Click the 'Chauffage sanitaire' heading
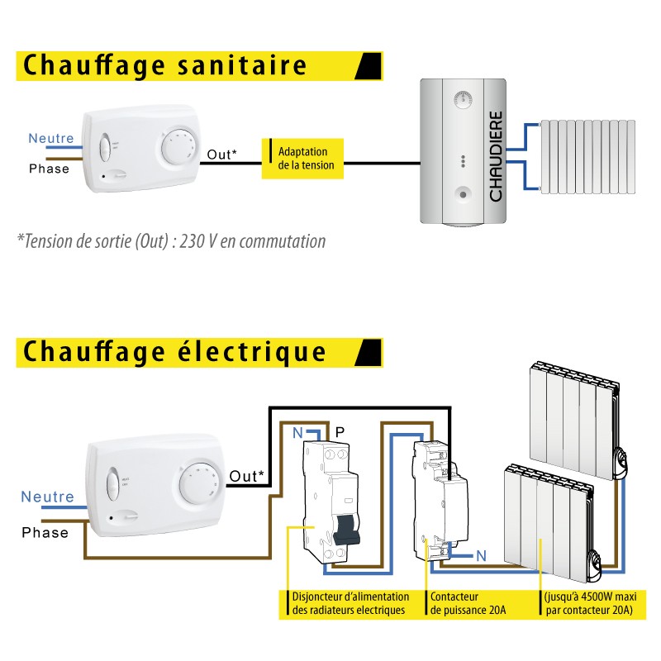[164, 65]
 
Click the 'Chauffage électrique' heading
[174, 353]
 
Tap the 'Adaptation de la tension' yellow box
[302, 159]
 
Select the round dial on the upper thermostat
[178, 148]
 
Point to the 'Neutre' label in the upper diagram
[51, 138]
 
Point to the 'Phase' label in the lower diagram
[45, 532]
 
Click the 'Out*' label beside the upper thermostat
[221, 155]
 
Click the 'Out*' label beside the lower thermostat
[246, 476]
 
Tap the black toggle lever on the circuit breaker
[346, 530]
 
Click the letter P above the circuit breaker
[340, 432]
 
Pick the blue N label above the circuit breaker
[297, 432]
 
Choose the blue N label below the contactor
[482, 556]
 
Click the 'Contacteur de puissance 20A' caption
[468, 603]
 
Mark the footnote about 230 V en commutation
[171, 241]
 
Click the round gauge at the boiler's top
[463, 100]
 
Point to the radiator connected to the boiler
[588, 157]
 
